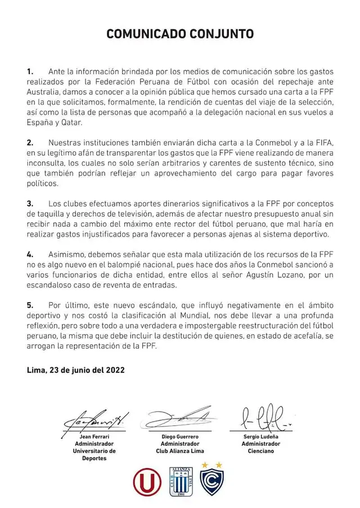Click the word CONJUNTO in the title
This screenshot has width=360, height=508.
point(221,34)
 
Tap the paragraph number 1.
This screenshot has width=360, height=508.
point(30,72)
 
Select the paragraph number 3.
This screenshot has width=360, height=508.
point(30,203)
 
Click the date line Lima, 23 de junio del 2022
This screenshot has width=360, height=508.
point(76,371)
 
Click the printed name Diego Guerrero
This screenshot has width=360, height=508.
point(179,436)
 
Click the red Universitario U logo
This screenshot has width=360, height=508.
point(147,482)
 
